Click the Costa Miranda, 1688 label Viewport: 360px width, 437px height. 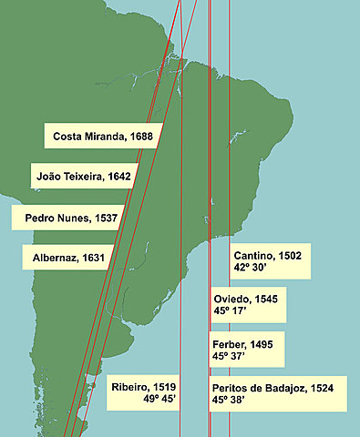click(103, 137)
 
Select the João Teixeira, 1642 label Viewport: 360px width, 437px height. click(83, 177)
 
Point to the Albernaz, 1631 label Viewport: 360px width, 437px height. click(68, 258)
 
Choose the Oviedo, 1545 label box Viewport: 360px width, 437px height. click(251, 305)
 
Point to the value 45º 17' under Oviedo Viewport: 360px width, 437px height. click(232, 311)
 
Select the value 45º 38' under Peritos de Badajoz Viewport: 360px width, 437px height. click(232, 399)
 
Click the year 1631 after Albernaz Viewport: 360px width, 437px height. click(93, 258)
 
